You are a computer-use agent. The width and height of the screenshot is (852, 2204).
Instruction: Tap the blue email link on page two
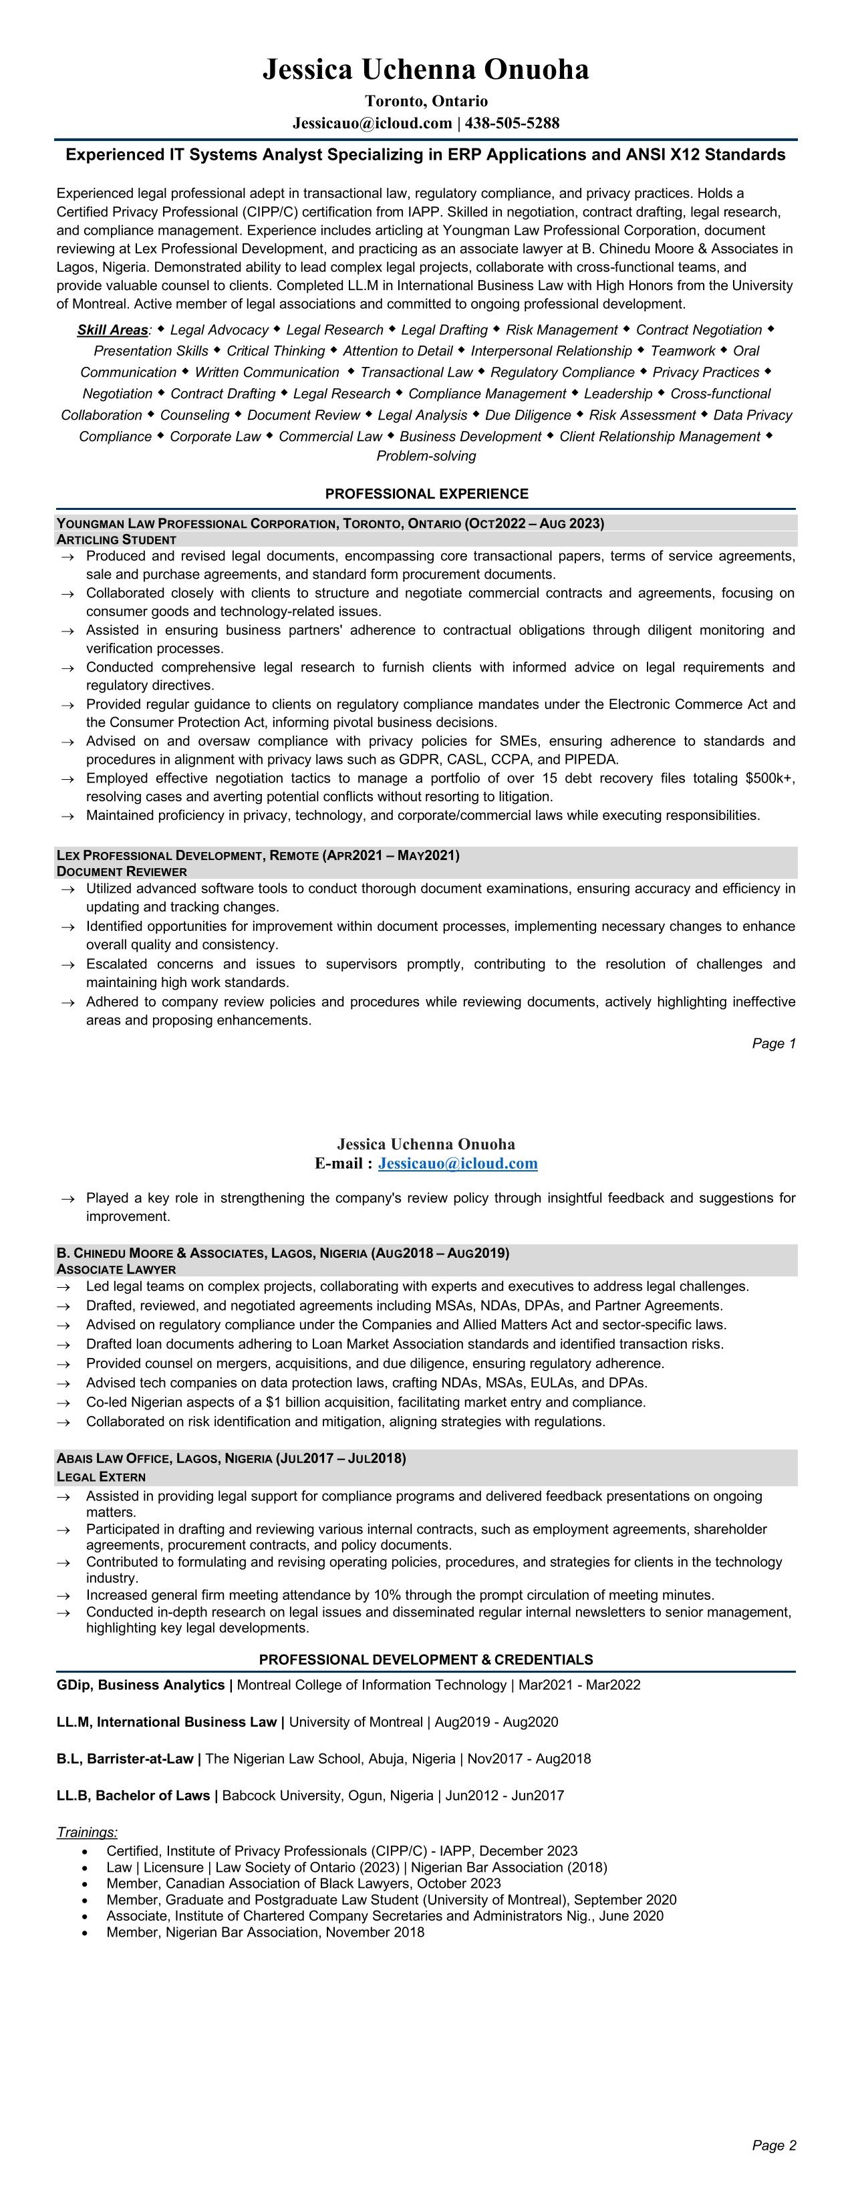tap(458, 1163)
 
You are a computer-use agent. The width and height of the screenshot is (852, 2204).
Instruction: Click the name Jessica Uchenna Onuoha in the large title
tap(425, 70)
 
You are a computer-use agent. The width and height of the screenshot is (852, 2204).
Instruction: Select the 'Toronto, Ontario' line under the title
tap(426, 101)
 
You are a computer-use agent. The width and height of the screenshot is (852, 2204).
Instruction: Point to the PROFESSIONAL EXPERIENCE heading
tap(426, 494)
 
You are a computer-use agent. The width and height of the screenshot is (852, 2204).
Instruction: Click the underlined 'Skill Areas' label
tap(112, 330)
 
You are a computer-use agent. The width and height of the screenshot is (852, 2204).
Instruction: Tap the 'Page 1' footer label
tap(773, 1043)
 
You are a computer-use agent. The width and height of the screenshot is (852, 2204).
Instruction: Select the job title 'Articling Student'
tap(116, 540)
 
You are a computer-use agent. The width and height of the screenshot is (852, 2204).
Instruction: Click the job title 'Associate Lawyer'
tap(116, 1269)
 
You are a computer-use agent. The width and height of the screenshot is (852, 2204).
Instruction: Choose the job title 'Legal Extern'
tap(101, 1477)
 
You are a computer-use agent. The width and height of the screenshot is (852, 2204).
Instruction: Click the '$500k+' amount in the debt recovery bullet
tap(770, 779)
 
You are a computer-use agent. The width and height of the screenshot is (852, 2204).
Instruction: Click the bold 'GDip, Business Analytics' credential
tap(140, 1685)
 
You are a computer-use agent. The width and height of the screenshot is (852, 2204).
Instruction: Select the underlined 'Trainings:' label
tap(86, 1832)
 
